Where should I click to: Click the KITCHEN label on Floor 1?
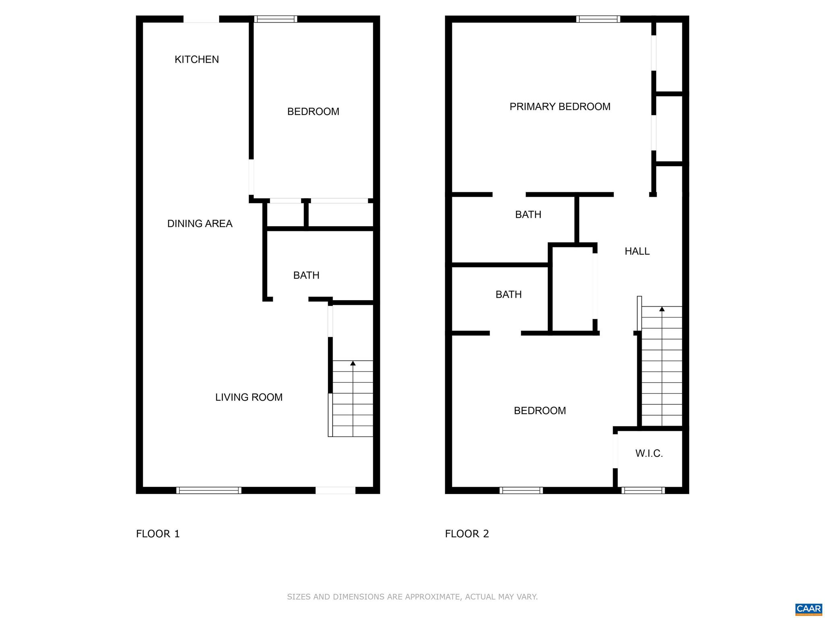pos(197,60)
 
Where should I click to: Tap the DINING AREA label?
pos(200,224)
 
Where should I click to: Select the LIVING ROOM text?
pos(249,398)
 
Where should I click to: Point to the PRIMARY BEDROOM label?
pos(560,107)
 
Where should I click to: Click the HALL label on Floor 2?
pos(637,251)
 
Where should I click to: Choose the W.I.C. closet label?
pos(649,453)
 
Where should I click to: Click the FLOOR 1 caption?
pos(158,534)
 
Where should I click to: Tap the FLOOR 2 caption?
pos(467,534)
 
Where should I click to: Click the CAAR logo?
pos(808,609)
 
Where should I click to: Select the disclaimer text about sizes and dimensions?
pos(412,597)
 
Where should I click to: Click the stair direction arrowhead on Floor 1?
pos(353,363)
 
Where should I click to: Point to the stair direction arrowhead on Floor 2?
pos(662,309)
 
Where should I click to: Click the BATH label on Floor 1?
pos(306,275)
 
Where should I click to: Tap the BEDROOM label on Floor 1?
pos(313,111)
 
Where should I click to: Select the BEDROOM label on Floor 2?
pos(540,410)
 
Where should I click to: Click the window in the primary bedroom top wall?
pos(598,19)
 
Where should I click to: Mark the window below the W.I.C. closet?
pos(643,490)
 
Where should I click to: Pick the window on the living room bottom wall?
pos(209,490)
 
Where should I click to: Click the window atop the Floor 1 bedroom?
pos(276,19)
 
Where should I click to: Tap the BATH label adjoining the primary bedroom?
pos(528,214)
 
